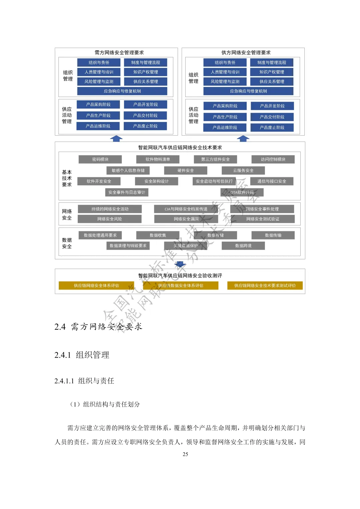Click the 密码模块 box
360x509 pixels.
pyautogui.click(x=100, y=159)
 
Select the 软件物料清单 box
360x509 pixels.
pyautogui.click(x=158, y=159)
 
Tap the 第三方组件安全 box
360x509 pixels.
pyautogui.click(x=215, y=159)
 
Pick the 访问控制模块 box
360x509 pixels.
pyautogui.click(x=273, y=159)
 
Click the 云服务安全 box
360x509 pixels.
pyautogui.click(x=243, y=170)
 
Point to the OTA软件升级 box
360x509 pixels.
pyautogui.click(x=242, y=192)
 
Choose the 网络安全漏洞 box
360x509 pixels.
pyautogui.click(x=186, y=219)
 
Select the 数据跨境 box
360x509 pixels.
pyautogui.click(x=243, y=246)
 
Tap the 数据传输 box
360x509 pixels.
pyautogui.click(x=273, y=235)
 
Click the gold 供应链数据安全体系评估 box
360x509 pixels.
pyautogui.click(x=181, y=286)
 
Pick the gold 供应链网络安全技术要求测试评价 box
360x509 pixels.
pyautogui.click(x=265, y=286)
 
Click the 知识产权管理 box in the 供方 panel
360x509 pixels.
pyautogui.click(x=272, y=72)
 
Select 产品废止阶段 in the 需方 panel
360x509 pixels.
pyautogui.click(x=145, y=126)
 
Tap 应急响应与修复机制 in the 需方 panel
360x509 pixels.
pyautogui.click(x=122, y=91)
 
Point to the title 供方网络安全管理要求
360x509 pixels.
pyautogui.click(x=246, y=53)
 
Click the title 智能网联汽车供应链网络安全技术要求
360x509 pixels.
pyautogui.click(x=180, y=148)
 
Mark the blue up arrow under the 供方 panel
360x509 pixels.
pyautogui.click(x=243, y=139)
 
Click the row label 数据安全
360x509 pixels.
pyautogui.click(x=67, y=243)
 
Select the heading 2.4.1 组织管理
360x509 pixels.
pyautogui.click(x=82, y=355)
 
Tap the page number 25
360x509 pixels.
pyautogui.click(x=185, y=454)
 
